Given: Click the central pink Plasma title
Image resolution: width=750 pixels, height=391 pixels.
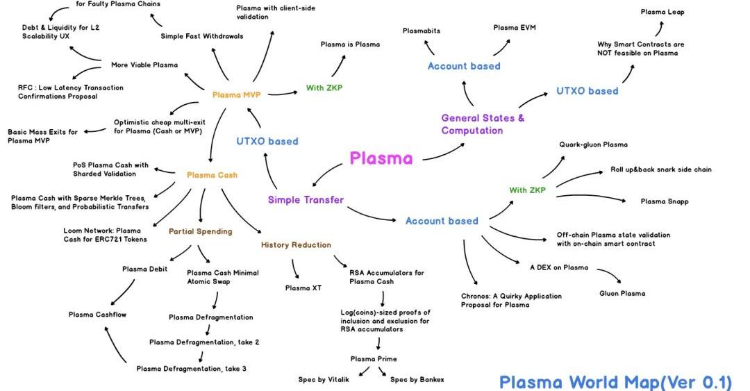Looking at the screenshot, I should pos(381,158).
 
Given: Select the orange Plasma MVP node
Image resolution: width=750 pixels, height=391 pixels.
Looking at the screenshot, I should pos(236,94).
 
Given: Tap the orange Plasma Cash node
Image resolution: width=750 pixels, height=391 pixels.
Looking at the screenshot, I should pos(212,175).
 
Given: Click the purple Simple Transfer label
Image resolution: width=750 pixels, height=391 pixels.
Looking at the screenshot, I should pos(306,200).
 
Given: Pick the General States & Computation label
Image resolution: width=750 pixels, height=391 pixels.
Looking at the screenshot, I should pos(483,124).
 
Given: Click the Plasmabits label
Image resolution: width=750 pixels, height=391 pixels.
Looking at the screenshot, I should pos(422,31).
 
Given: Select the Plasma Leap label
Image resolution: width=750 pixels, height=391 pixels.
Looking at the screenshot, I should pos(662,12).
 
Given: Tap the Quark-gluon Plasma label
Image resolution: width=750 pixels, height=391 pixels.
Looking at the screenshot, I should pos(593,144).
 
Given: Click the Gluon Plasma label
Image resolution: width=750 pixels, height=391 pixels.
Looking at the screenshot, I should pos(622,293).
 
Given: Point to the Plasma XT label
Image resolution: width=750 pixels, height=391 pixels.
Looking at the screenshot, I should pos(302,288).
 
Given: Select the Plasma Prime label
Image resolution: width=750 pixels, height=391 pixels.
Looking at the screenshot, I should pos(374,359).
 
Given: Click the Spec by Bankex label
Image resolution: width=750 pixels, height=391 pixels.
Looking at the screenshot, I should pos(417,379).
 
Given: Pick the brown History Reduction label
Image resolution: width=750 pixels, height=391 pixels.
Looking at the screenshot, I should pos(296,244).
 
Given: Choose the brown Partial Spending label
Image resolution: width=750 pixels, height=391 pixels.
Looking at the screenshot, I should pos(200,231).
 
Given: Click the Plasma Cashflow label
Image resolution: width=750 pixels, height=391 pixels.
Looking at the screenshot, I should pos(97,315).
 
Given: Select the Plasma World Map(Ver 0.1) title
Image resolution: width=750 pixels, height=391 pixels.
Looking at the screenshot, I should pos(615,381).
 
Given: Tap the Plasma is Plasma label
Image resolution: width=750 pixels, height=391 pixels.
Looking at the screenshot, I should pos(350,44).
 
